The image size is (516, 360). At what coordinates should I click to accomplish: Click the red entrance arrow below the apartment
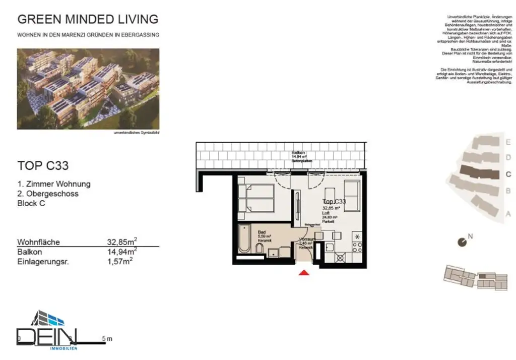[304, 273]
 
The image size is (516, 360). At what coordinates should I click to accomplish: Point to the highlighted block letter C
[508, 174]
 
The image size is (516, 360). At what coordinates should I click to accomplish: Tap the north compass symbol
[462, 242]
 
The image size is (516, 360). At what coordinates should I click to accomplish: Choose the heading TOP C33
[43, 165]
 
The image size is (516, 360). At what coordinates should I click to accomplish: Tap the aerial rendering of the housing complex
[88, 89]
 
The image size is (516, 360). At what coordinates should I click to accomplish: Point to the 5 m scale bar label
[107, 339]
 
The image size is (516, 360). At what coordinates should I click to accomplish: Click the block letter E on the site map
[508, 142]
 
